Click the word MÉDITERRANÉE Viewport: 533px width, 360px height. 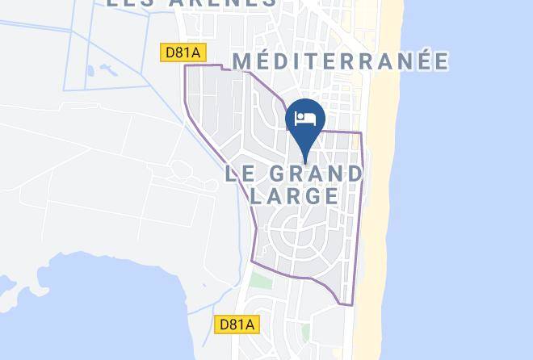pyautogui.click(x=340, y=61)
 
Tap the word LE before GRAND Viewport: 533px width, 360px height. pyautogui.click(x=241, y=173)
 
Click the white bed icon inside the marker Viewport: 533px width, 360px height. pyautogui.click(x=306, y=119)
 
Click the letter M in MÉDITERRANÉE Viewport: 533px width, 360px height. pyautogui.click(x=243, y=61)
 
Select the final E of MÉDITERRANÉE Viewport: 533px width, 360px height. pyautogui.click(x=439, y=61)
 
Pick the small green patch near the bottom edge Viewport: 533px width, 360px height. pyautogui.click(x=305, y=332)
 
